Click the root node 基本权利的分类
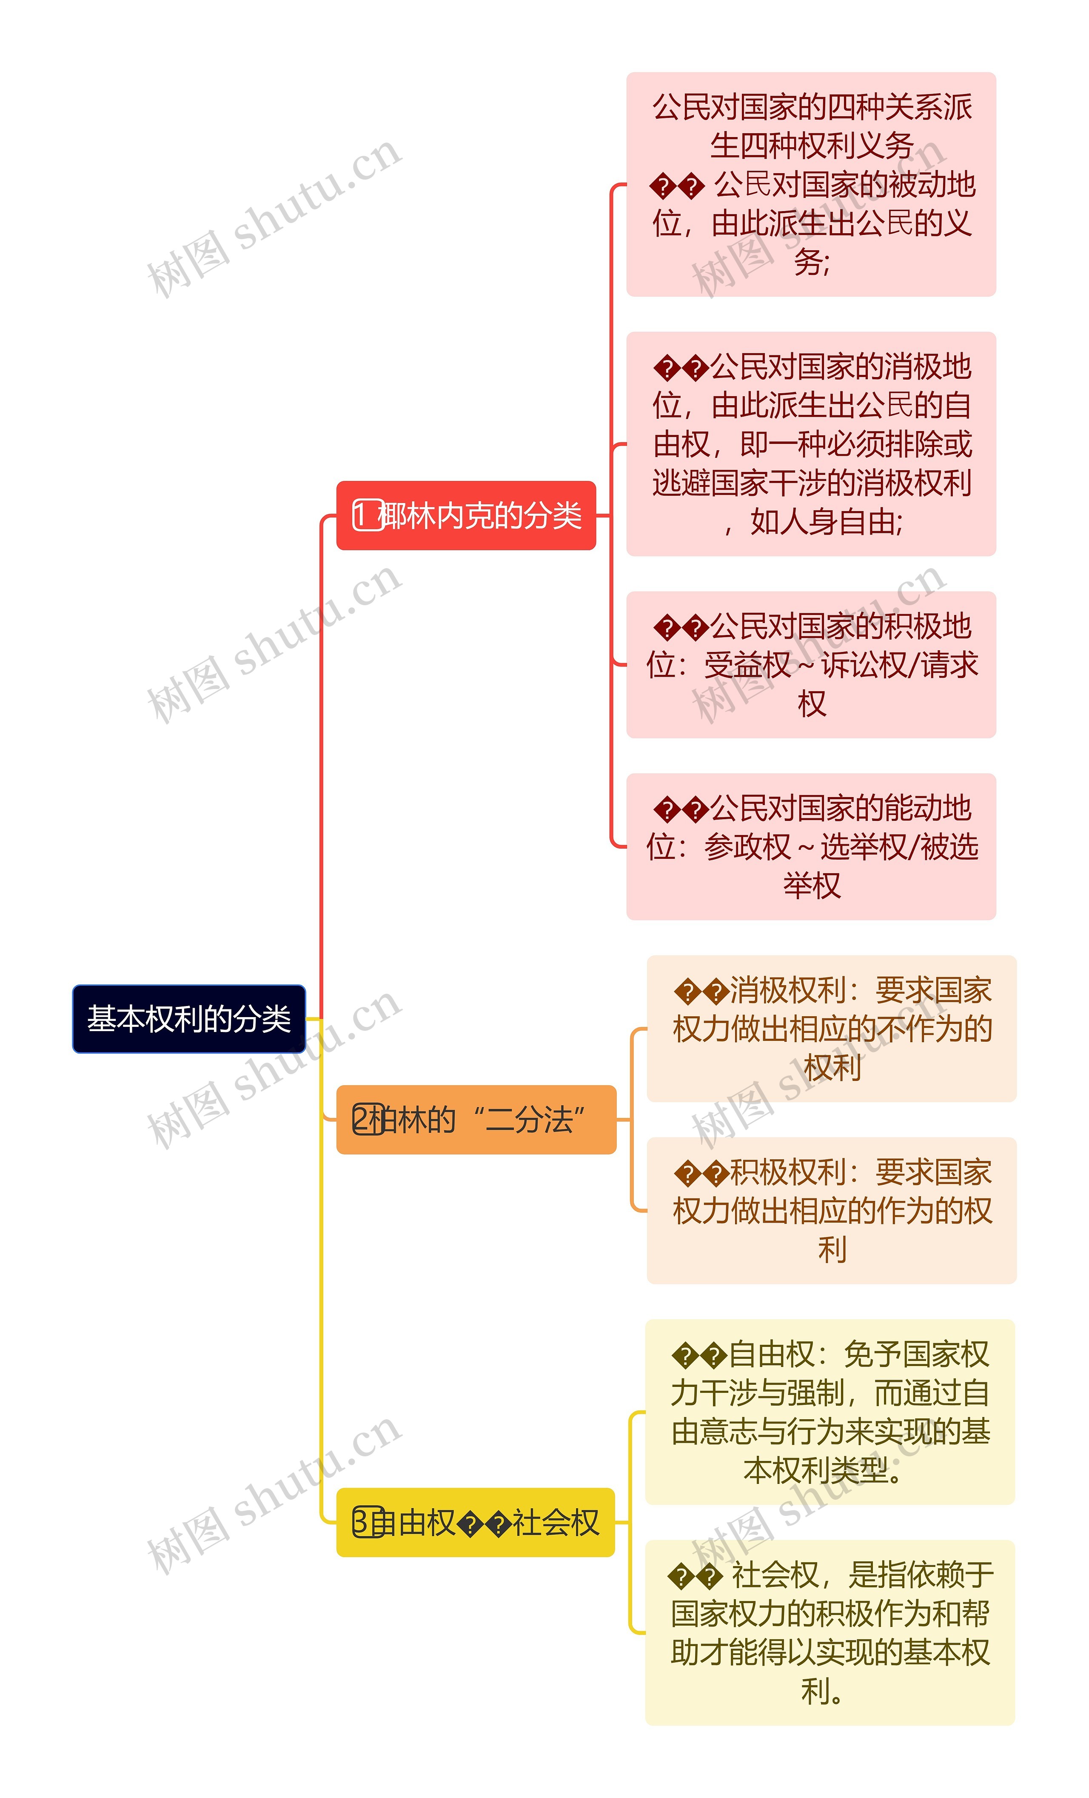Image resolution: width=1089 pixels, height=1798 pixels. click(189, 1019)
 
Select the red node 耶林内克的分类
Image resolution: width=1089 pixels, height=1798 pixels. click(466, 516)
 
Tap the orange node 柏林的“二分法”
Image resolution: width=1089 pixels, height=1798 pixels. click(476, 1119)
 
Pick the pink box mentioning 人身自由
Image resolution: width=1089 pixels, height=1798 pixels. click(811, 444)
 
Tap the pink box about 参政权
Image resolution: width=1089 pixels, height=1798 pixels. click(811, 846)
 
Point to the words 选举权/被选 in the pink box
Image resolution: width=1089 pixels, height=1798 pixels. click(899, 846)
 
